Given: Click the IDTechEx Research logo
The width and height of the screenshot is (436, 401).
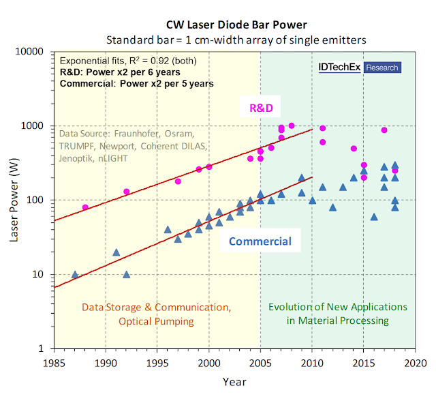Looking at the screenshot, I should click(359, 68).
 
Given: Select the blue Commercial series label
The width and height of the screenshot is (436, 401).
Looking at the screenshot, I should click(260, 241).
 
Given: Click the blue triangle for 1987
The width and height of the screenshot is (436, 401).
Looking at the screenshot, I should click(75, 274).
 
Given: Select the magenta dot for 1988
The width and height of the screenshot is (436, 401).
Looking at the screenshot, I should click(85, 207).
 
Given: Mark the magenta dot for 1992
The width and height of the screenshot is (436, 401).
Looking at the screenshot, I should click(126, 192).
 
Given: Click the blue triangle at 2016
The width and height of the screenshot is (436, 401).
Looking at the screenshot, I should click(374, 217).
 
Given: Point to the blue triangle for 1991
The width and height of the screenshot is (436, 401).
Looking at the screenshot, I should click(116, 252).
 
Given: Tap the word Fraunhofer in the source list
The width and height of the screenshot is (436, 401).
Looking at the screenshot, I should click(139, 133).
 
